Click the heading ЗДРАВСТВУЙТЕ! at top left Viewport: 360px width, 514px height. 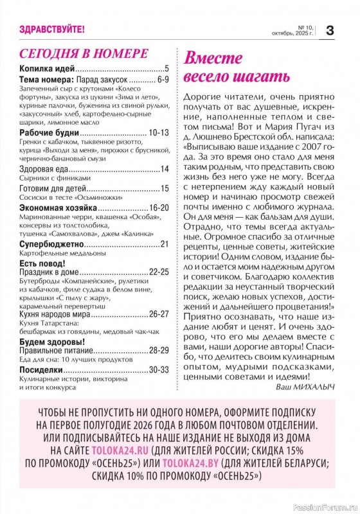[x=52, y=29]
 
